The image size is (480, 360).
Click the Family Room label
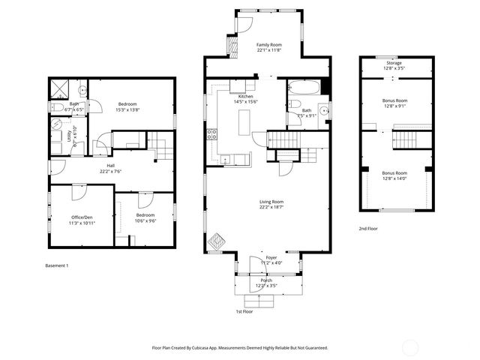coord(268,44)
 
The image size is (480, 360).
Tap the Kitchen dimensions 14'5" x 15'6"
coord(245,103)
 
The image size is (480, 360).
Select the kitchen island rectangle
coord(244,122)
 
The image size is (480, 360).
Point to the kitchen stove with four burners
coord(212,135)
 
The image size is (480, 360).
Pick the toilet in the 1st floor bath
coord(294,104)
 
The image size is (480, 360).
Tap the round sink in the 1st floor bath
coord(322,112)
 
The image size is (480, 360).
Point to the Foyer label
coord(271,257)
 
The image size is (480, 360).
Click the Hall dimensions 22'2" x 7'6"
coord(110,171)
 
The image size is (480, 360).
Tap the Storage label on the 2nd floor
coord(394,63)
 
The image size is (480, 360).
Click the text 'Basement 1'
coord(57,265)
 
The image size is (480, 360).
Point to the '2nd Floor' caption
coord(369,228)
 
